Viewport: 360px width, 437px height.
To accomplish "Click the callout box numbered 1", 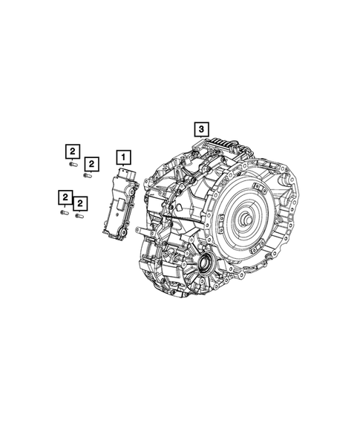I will [123, 157].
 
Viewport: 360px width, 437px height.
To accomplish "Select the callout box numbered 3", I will [201, 129].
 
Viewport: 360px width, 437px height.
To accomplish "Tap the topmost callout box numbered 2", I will [71, 151].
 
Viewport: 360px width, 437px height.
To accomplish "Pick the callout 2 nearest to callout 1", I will [91, 163].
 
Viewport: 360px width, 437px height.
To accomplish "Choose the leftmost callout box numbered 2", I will [65, 197].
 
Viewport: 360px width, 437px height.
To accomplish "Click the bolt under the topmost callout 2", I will [73, 165].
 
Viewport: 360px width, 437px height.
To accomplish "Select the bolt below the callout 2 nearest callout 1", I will [88, 176].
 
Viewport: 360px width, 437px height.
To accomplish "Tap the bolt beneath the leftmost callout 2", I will [64, 211].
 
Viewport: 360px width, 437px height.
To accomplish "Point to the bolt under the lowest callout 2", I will [79, 216].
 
